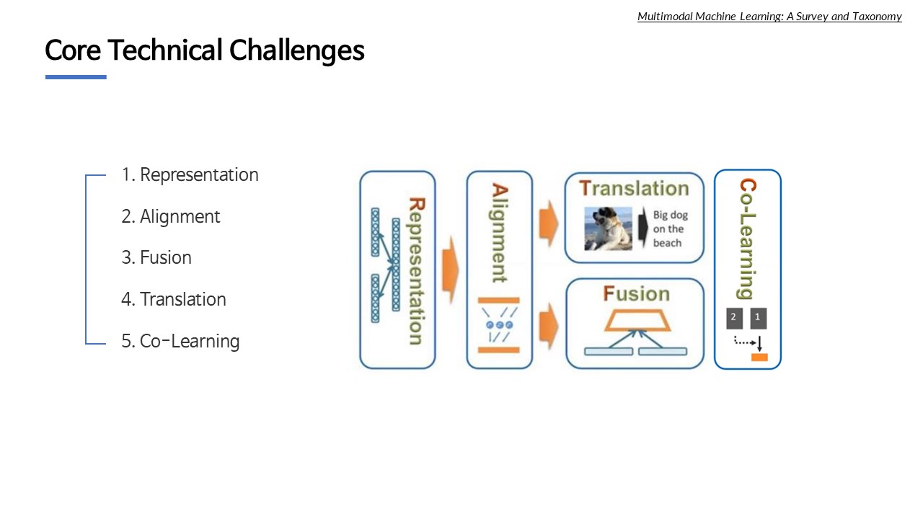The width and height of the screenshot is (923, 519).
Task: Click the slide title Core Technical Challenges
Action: point(204,50)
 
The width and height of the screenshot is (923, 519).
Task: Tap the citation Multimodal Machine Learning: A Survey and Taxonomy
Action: point(769,17)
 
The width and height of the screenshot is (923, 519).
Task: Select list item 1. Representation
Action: point(190,174)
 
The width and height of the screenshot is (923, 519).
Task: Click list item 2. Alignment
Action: point(171,216)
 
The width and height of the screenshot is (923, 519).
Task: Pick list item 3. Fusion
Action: point(156,257)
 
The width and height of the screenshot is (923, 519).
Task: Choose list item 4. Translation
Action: point(174,299)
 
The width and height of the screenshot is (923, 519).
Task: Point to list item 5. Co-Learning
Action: point(180,341)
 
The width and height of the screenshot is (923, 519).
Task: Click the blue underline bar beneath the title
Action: point(76,77)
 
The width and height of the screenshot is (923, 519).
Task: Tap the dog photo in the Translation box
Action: point(608,229)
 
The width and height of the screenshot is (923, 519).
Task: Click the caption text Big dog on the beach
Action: point(670,229)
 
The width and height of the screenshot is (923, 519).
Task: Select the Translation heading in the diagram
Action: point(634,188)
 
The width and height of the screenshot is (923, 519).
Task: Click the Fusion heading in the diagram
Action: point(636,293)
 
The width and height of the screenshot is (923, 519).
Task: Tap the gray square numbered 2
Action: point(734,318)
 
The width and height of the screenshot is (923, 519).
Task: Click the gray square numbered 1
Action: point(758,318)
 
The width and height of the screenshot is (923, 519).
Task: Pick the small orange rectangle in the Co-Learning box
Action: point(759,357)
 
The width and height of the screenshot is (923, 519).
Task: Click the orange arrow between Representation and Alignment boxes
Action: point(450,270)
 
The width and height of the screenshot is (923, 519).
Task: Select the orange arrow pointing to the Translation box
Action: point(549,223)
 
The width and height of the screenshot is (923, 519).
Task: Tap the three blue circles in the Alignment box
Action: point(500,325)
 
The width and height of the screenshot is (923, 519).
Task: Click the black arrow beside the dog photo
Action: point(643,228)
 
